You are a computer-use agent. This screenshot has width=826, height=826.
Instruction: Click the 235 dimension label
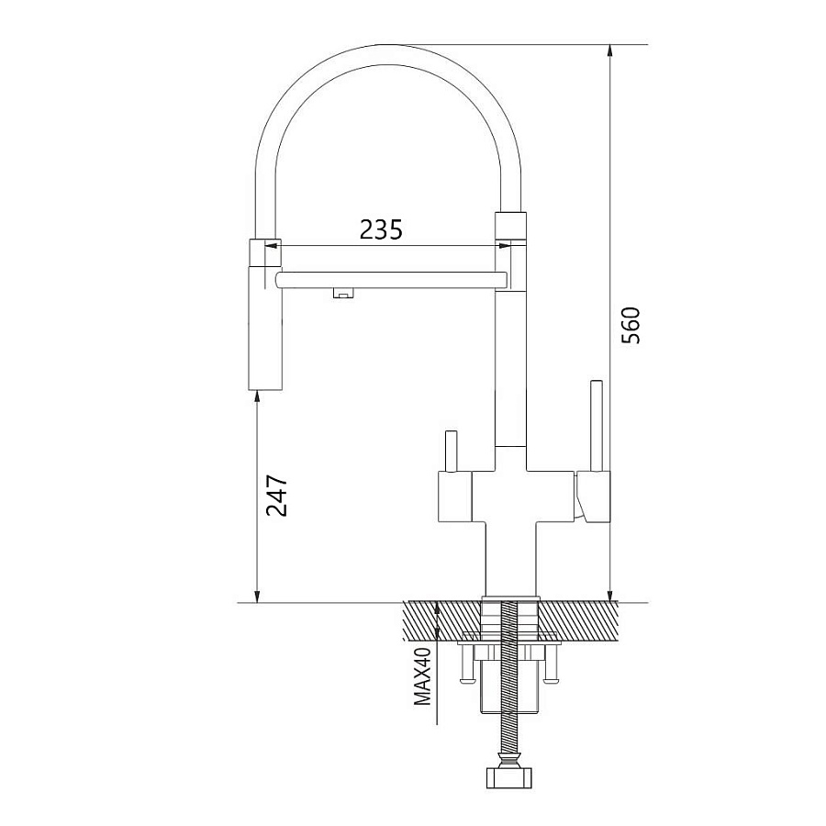[x=381, y=229]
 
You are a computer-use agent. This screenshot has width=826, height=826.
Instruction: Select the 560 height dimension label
[x=631, y=325]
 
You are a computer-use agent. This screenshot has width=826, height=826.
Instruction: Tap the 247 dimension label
[x=277, y=496]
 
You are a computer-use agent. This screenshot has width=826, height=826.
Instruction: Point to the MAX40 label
[x=422, y=676]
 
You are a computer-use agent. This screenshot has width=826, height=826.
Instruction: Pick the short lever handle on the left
[x=452, y=451]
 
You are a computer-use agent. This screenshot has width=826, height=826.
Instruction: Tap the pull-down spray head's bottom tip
[x=265, y=390]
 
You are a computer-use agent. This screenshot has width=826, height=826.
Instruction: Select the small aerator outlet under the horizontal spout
[x=343, y=294]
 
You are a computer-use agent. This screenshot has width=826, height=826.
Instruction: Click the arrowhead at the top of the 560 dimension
[x=609, y=50]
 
